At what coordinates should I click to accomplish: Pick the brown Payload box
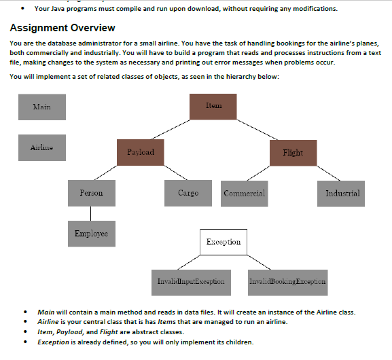141,152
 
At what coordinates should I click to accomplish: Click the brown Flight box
293,152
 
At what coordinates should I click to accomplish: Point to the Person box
91,194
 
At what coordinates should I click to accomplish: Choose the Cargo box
188,194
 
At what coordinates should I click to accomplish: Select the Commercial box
245,194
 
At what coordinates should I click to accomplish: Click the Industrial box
342,194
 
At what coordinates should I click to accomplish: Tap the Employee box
91,234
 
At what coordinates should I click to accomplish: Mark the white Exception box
223,242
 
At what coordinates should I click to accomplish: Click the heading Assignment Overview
63,28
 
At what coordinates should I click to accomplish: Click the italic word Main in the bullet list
46,312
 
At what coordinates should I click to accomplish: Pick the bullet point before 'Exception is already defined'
25,342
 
